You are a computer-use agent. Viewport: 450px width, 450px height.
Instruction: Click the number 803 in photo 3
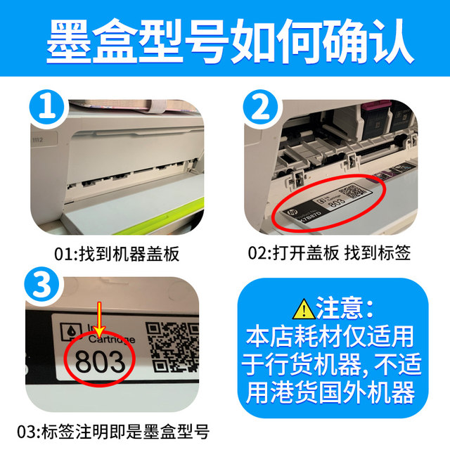click(x=100, y=361)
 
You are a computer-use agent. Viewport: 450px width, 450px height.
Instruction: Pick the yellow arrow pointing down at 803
click(x=101, y=327)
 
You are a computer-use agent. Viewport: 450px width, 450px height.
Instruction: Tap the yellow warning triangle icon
click(x=304, y=307)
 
